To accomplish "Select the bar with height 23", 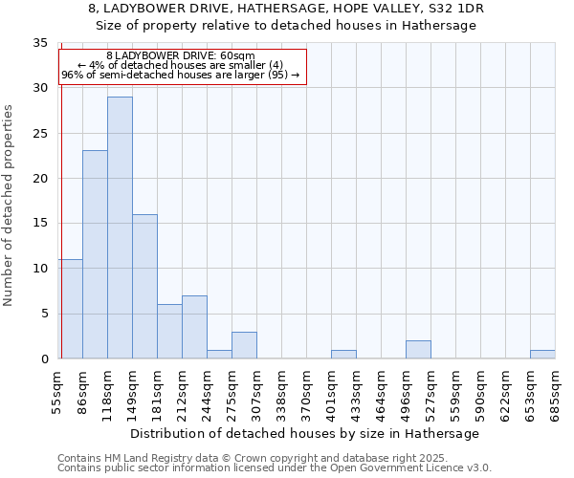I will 95,254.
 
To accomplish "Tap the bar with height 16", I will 144,287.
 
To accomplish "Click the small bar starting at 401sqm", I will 343,354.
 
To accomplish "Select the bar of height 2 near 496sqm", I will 418,350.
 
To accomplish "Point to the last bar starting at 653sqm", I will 542,354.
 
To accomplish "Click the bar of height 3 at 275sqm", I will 244,345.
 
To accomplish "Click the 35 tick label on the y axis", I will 40,43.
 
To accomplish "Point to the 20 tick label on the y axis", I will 40,179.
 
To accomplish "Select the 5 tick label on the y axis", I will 44,314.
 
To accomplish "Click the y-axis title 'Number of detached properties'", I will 10,206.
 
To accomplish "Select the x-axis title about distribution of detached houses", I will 304,433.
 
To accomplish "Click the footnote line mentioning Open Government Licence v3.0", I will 275,467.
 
